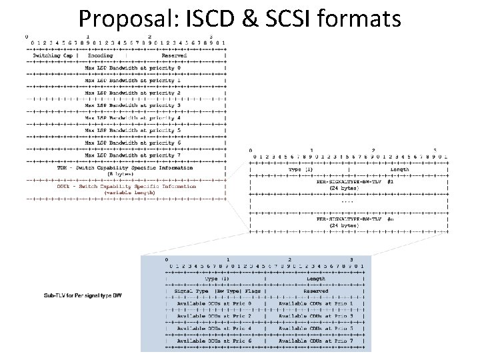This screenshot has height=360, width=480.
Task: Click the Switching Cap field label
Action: [52, 55]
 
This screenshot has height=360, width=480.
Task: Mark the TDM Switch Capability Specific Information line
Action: [126, 167]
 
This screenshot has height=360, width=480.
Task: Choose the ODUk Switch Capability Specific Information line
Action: [126, 186]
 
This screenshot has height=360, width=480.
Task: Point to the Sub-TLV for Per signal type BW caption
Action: [83, 295]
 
